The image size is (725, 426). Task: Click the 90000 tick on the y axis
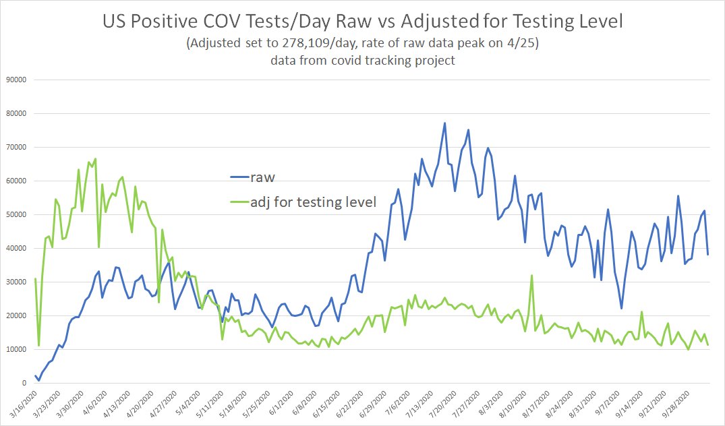point(15,80)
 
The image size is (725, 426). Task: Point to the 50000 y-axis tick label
point(15,214)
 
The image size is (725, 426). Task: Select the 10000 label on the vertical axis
point(15,349)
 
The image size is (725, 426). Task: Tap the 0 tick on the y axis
point(23,383)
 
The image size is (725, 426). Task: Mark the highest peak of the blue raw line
point(444,123)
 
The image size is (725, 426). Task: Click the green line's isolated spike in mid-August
point(532,275)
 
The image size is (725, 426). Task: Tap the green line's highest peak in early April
point(95,159)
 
